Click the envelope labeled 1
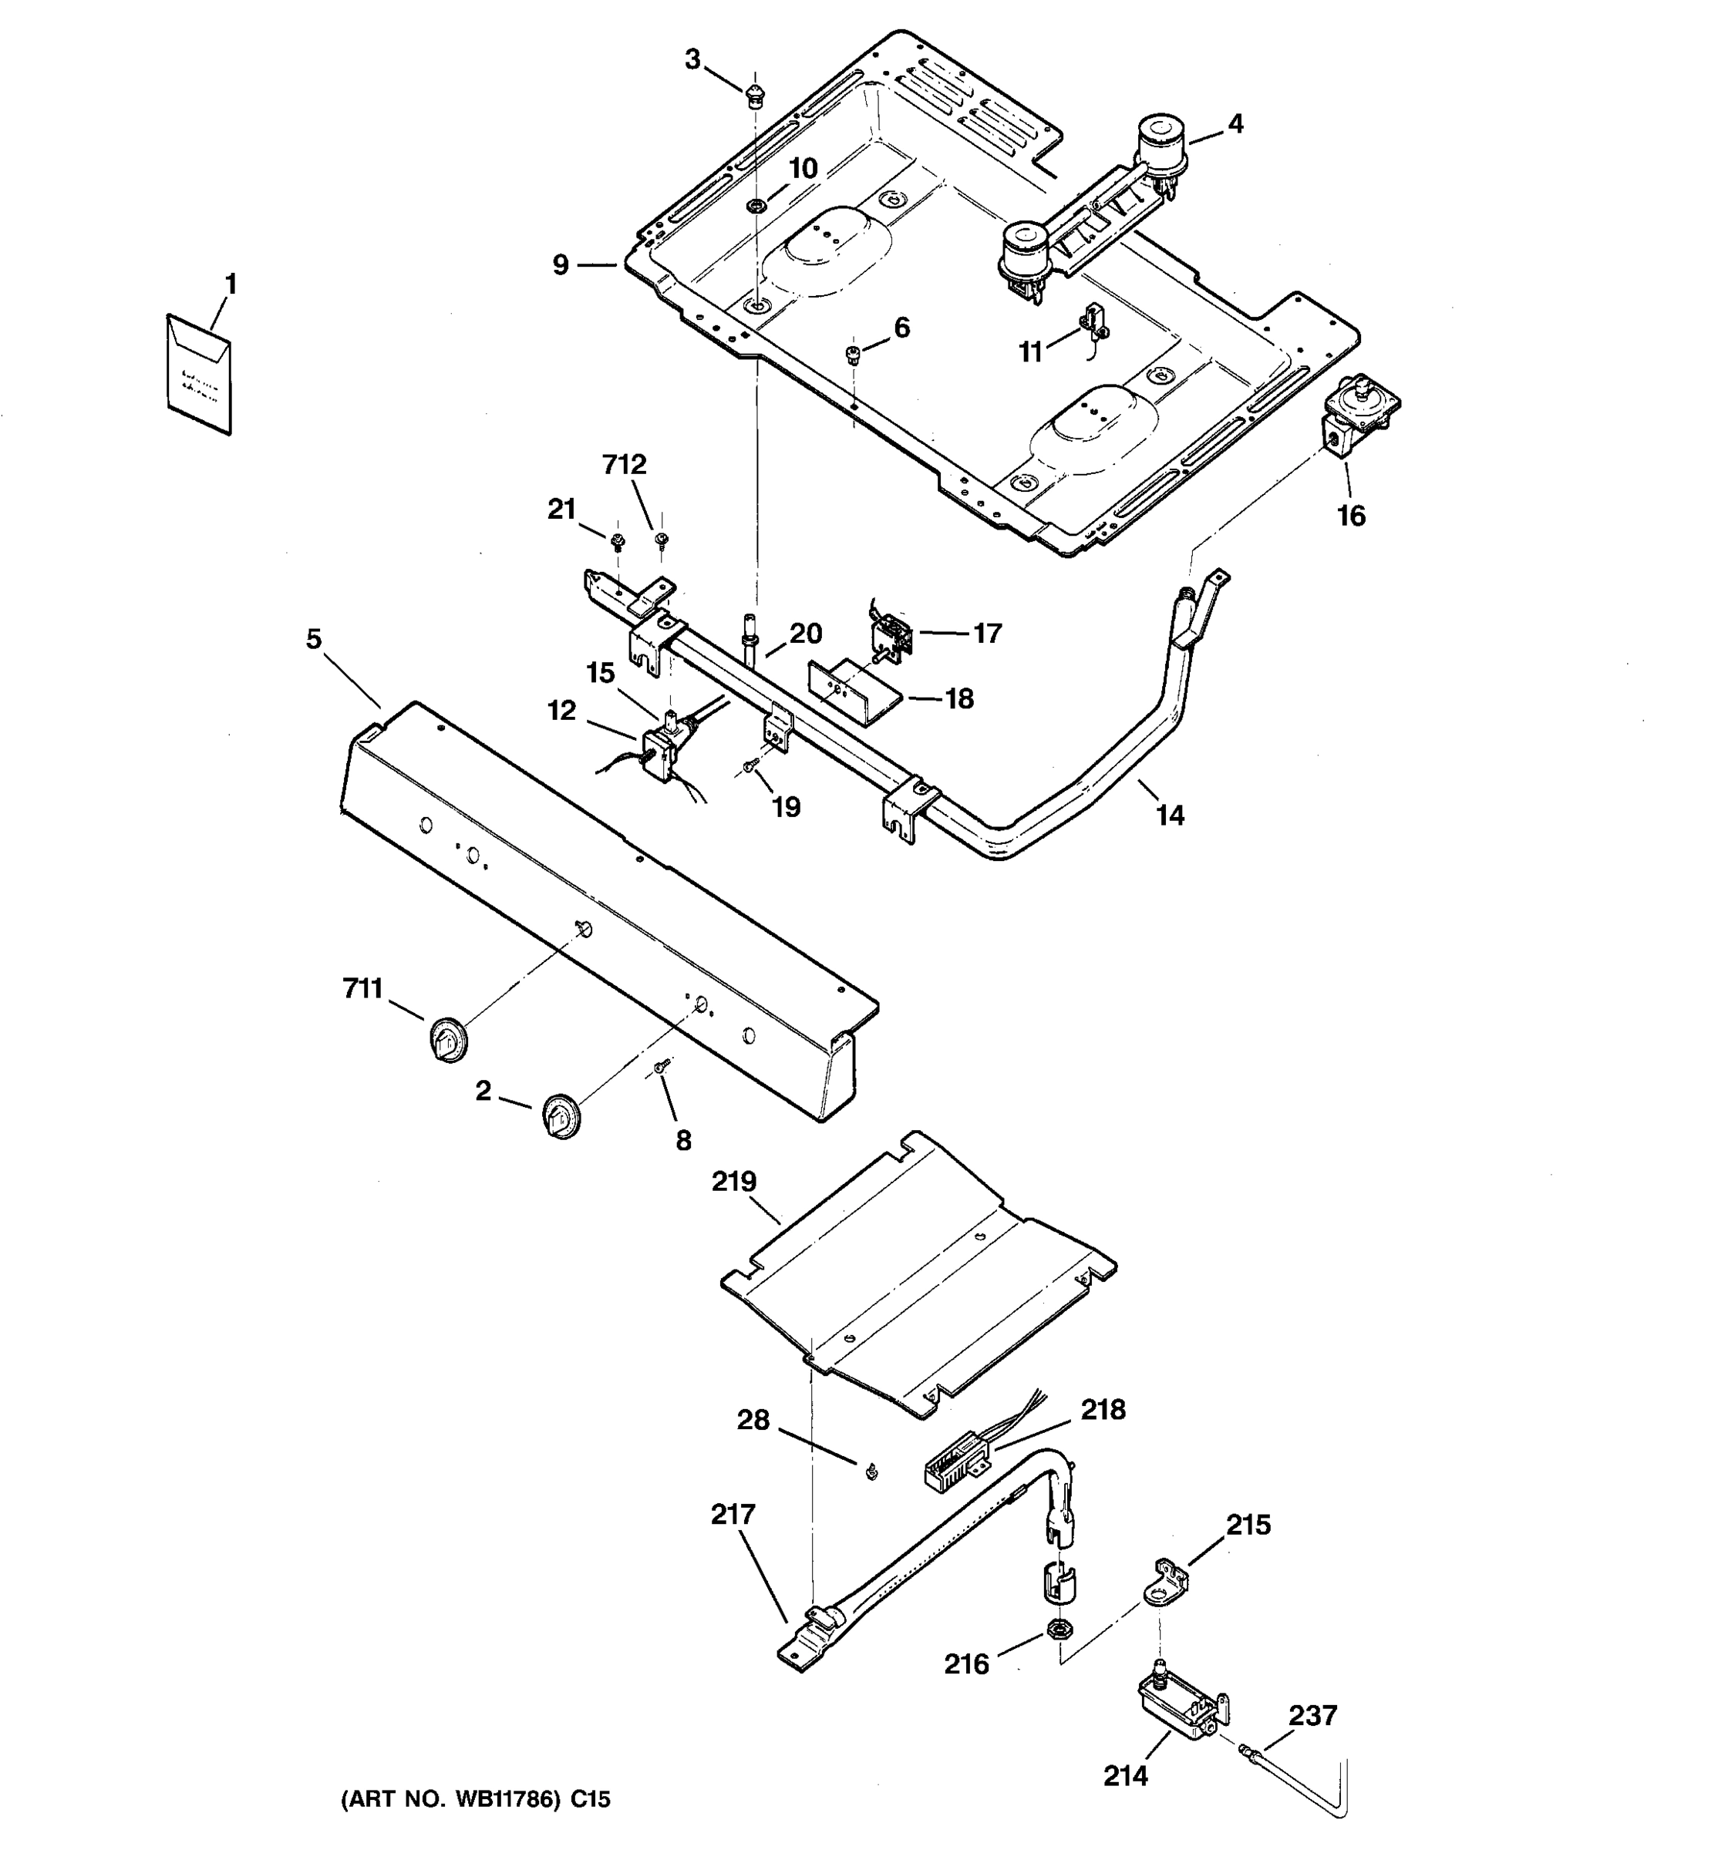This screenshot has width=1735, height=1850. click(x=198, y=374)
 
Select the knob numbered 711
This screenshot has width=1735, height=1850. click(x=448, y=1041)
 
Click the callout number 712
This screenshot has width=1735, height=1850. click(x=624, y=464)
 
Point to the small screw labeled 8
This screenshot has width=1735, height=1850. click(x=660, y=1068)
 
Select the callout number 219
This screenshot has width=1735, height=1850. click(x=734, y=1182)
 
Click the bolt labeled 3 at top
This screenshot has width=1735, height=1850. click(x=755, y=94)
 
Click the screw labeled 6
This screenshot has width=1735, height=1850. click(x=851, y=354)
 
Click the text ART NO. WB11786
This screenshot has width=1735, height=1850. click(x=476, y=1800)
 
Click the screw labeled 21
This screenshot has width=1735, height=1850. click(x=616, y=540)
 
